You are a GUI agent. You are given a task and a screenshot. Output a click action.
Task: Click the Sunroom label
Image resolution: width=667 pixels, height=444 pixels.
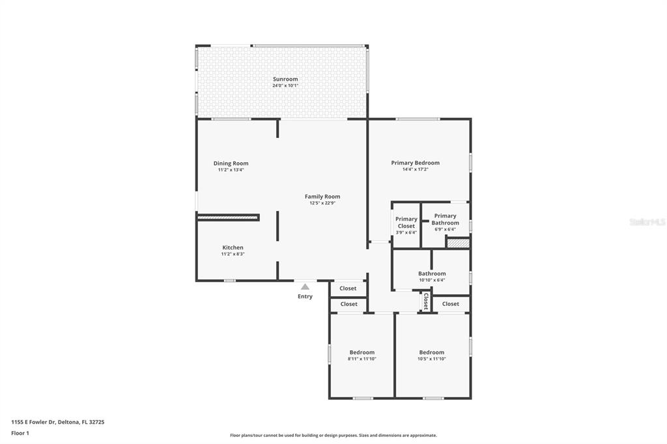click(285, 79)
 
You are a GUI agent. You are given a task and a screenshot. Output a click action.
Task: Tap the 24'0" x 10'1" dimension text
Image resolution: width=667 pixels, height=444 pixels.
click(285, 85)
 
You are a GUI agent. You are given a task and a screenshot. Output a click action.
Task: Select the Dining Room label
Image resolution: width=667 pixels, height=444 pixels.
click(231, 163)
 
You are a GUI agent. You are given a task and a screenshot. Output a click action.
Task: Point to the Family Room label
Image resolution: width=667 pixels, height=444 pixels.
click(322, 197)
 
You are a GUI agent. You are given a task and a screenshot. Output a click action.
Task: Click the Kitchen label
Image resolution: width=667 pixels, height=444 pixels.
click(233, 247)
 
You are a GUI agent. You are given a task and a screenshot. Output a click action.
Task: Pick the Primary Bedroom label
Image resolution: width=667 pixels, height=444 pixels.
click(415, 163)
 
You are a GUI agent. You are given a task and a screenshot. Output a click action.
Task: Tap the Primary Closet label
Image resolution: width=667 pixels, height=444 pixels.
click(406, 223)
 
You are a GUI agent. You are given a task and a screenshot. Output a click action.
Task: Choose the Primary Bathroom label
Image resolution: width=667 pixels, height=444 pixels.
click(446, 219)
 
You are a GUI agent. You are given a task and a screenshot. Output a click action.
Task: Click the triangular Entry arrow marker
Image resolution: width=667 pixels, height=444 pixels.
click(305, 286)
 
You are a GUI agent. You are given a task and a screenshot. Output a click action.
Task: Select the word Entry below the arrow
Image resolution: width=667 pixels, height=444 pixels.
click(305, 296)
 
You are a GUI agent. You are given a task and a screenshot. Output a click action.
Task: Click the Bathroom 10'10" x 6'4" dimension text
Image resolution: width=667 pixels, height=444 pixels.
click(432, 280)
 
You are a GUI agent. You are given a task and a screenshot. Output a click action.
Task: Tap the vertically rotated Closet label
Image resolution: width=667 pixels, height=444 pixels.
click(426, 301)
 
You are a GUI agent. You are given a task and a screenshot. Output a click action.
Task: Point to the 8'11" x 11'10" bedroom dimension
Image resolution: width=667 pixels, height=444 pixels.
click(362, 359)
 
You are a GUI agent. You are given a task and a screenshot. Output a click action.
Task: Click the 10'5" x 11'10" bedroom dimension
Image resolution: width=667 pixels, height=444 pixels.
click(432, 359)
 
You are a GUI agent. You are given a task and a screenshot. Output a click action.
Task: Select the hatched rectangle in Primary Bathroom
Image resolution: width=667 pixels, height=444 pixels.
click(458, 243)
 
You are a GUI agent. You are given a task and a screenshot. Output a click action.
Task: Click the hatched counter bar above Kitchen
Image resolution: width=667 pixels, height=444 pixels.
click(229, 217)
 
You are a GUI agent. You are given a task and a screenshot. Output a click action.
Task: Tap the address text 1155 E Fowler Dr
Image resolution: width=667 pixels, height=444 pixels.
click(34, 423)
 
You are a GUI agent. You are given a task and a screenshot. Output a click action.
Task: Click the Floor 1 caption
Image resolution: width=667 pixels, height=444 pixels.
click(20, 434)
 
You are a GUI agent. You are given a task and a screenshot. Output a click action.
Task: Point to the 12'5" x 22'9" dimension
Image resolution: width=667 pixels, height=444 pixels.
click(322, 203)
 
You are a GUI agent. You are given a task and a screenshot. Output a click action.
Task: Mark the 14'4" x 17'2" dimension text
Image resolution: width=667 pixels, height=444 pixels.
click(415, 169)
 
